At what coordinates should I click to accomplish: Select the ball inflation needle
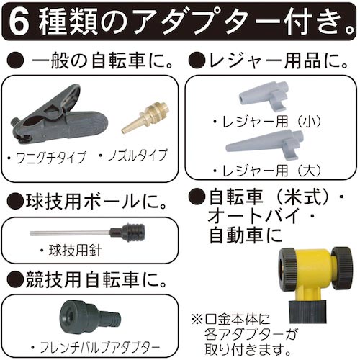tap(86, 233)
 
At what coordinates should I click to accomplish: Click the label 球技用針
tap(69, 253)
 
